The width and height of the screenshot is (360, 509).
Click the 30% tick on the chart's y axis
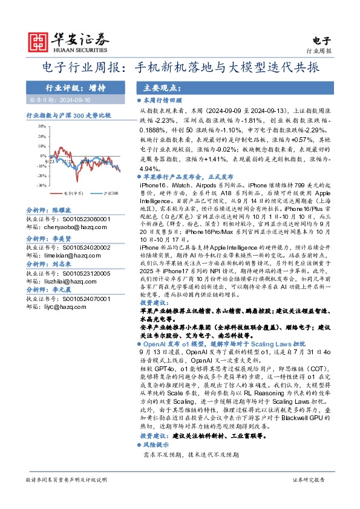[41, 127]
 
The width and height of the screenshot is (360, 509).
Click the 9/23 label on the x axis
[50, 162]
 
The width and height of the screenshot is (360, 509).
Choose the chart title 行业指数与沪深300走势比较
[68, 115]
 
